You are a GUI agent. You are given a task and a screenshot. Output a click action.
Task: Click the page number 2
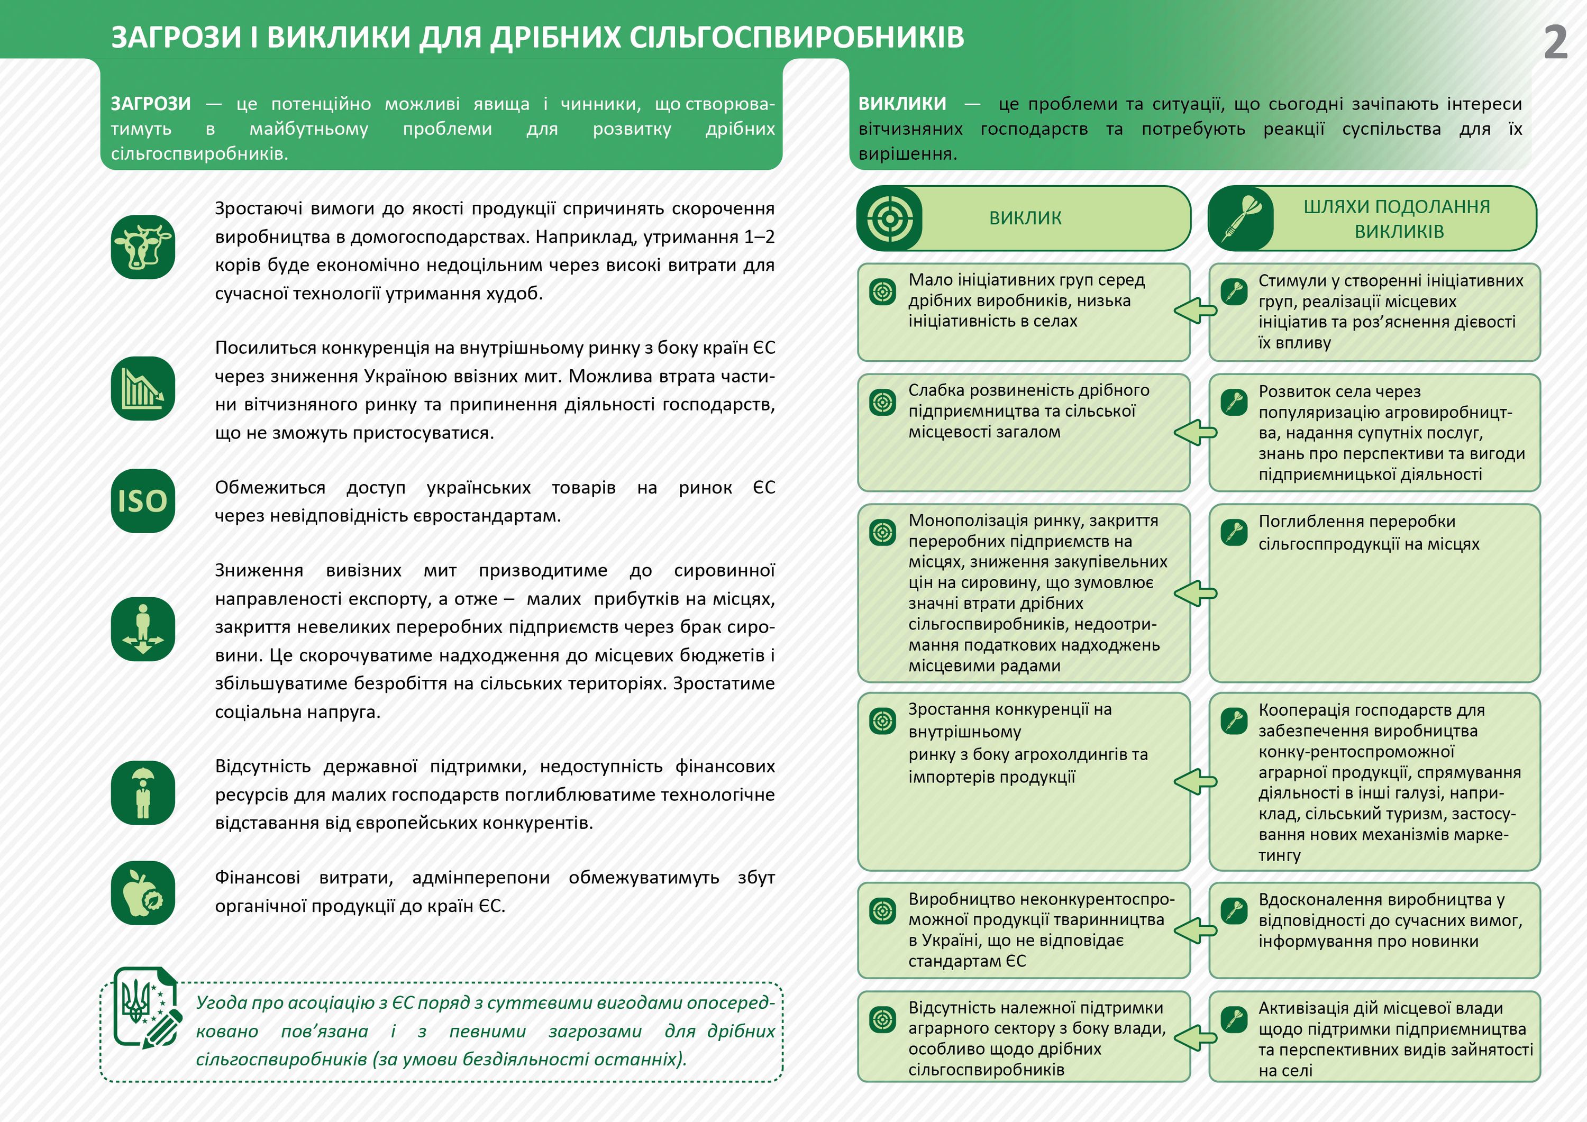tap(1555, 43)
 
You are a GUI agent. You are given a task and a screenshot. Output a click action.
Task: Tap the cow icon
tap(143, 247)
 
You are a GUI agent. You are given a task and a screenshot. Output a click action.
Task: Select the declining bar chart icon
tap(143, 388)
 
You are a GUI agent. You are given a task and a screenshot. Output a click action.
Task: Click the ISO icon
tap(143, 501)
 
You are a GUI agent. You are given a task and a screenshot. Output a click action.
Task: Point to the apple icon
tap(143, 893)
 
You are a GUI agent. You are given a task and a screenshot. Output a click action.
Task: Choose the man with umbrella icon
tap(143, 793)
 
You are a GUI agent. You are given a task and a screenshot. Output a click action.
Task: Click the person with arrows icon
tap(143, 629)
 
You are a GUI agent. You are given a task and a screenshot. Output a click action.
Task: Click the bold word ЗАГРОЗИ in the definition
tap(151, 104)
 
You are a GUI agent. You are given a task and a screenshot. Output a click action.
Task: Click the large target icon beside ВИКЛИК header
tap(890, 218)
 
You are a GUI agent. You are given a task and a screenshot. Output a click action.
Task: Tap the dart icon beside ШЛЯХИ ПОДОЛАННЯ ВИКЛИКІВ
tap(1241, 218)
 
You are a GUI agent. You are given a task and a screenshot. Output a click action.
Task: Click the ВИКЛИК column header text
tap(1025, 218)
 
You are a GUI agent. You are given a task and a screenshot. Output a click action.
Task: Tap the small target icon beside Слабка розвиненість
tap(883, 402)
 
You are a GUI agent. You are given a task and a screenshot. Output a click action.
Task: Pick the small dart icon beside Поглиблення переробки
tap(1234, 532)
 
